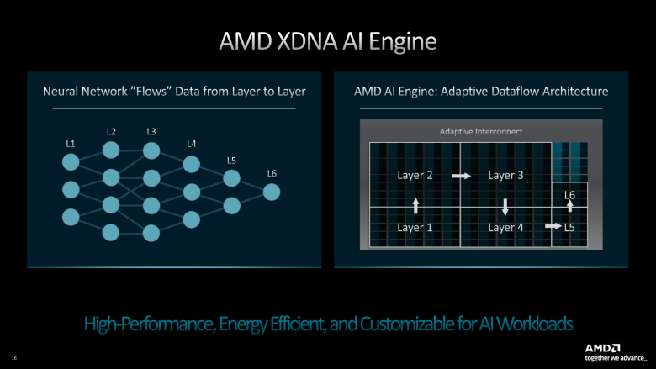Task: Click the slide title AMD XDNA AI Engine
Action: [x=328, y=41]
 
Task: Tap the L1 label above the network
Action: [x=71, y=144]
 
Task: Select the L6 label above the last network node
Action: [x=272, y=174]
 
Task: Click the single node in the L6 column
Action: [x=272, y=192]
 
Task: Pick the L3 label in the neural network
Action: [x=151, y=131]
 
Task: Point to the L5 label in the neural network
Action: [x=231, y=160]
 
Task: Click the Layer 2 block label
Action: [x=415, y=176]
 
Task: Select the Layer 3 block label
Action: [x=505, y=176]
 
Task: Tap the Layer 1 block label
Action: [x=415, y=227]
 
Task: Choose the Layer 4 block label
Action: [x=505, y=227]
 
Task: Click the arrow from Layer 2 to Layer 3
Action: [x=461, y=176]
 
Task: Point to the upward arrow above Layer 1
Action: [x=415, y=205]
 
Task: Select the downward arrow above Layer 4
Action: [x=505, y=205]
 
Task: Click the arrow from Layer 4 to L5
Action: [x=553, y=227]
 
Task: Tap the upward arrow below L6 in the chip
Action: [x=569, y=207]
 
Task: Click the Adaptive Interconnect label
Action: [x=481, y=132]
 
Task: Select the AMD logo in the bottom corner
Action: [x=603, y=348]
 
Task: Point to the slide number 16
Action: [x=14, y=357]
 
